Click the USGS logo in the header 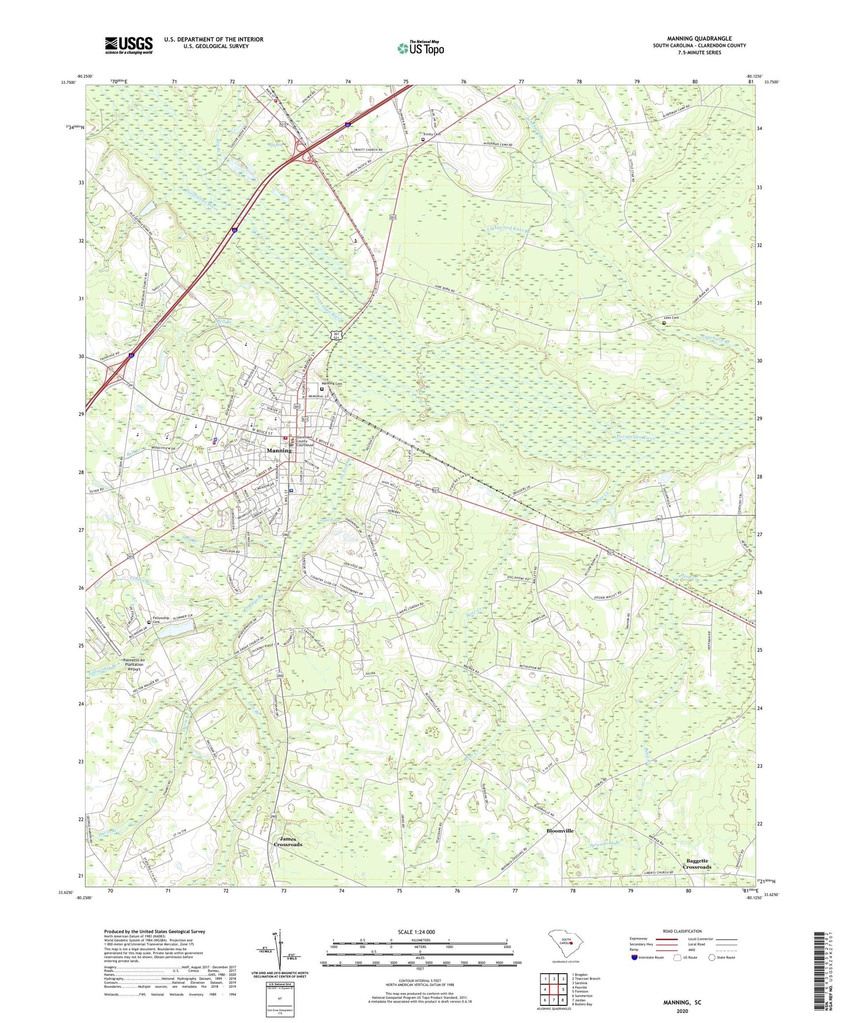point(129,45)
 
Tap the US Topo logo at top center point(420,48)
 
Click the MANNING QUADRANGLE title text point(699,39)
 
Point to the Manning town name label point(279,451)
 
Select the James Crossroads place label point(287,842)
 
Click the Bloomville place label point(560,831)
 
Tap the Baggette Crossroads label point(697,864)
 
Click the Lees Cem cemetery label point(672,318)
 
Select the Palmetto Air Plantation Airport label point(133,664)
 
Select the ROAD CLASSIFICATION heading point(682,931)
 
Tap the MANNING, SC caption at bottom point(682,1002)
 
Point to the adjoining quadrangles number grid point(553,991)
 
